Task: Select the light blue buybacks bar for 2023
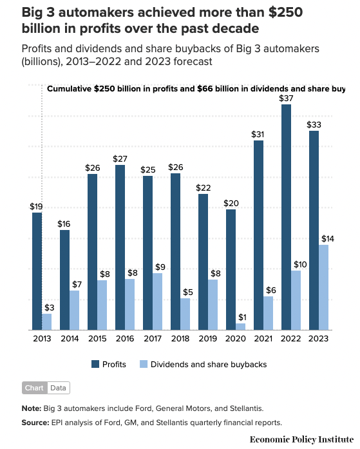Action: tap(323, 287)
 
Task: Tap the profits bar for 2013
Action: tap(37, 271)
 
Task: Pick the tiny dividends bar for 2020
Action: tap(240, 327)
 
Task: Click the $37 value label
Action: tap(286, 98)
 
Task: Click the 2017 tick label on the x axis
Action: tap(152, 339)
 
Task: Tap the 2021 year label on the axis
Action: tap(263, 339)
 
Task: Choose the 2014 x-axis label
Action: tap(69, 339)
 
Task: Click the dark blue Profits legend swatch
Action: tap(96, 364)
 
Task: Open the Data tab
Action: tap(58, 388)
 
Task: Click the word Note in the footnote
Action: tap(31, 408)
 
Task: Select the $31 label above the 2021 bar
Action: tap(258, 134)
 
